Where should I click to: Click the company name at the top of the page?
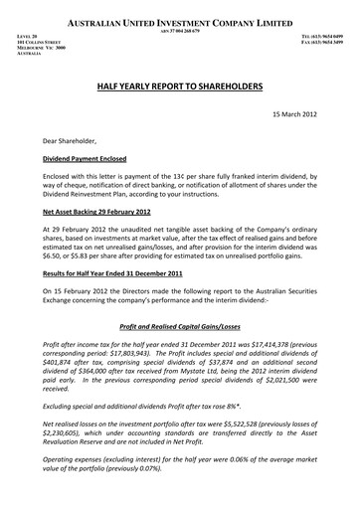pyautogui.click(x=180, y=21)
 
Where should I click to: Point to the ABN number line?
pyautogui.click(x=180, y=31)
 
